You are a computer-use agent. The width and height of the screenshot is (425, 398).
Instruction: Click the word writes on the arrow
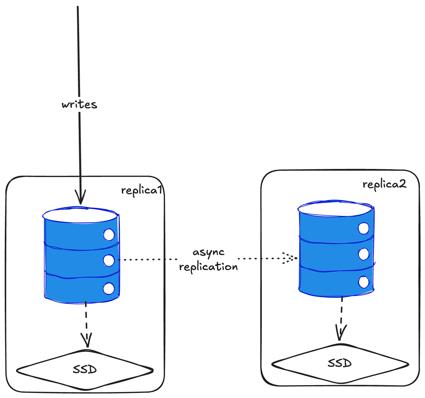(80, 104)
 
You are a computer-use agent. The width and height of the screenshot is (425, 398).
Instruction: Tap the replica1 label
(142, 190)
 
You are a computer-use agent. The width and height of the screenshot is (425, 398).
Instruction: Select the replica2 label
(384, 184)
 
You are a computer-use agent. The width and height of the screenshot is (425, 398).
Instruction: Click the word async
(208, 252)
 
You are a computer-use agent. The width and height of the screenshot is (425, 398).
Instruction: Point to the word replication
(208, 266)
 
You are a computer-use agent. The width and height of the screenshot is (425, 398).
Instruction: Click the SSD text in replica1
(85, 370)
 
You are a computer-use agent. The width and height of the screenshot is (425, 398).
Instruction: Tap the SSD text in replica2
(340, 363)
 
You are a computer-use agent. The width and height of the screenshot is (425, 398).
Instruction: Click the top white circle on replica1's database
(109, 235)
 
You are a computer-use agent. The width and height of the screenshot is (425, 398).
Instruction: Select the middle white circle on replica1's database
(109, 260)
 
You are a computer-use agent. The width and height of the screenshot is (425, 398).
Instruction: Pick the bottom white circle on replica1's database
(108, 289)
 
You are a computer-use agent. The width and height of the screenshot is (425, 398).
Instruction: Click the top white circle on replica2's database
(363, 228)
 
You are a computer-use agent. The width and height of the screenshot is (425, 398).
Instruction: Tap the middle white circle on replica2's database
(363, 254)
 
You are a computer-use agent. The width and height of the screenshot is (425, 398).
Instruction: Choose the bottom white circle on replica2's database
(363, 282)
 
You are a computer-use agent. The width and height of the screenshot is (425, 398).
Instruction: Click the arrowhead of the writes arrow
(80, 199)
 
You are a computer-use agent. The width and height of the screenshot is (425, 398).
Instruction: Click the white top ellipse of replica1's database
(81, 215)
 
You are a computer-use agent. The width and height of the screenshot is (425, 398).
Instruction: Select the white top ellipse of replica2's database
(335, 208)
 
